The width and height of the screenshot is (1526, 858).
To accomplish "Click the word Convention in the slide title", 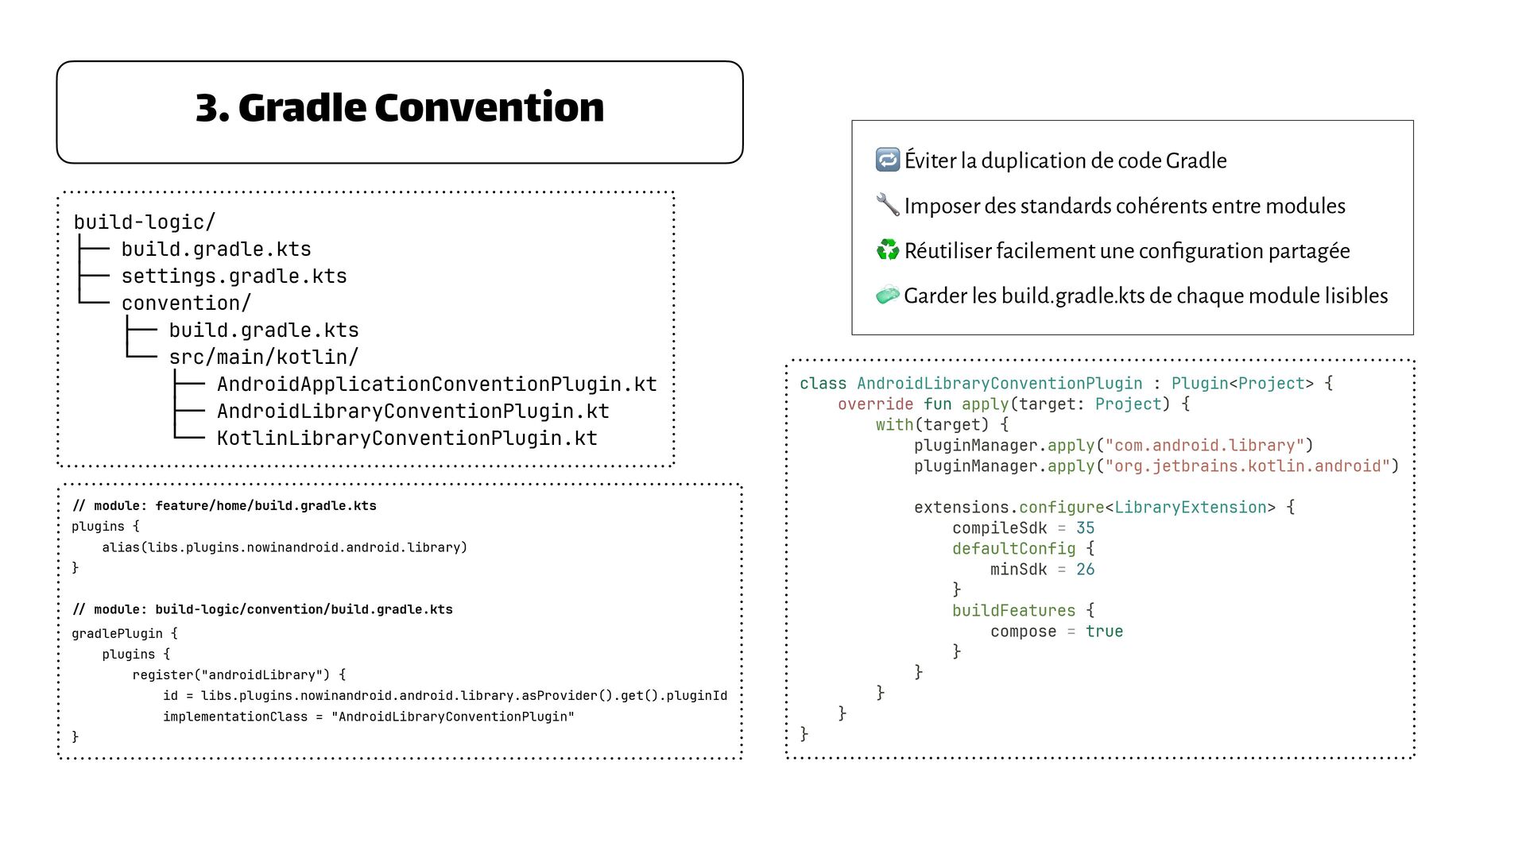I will pyautogui.click(x=489, y=108).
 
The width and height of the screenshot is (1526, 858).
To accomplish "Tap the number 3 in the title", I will pyautogui.click(x=207, y=108).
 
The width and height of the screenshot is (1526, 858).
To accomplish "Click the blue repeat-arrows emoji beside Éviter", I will pyautogui.click(x=887, y=160).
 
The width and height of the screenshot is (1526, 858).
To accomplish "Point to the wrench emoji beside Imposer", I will pyautogui.click(x=887, y=205).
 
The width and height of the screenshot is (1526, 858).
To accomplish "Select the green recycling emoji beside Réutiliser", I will pyautogui.click(x=887, y=250).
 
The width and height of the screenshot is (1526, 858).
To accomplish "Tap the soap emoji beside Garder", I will pyautogui.click(x=887, y=296).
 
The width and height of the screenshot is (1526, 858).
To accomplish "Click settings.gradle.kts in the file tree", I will pyautogui.click(x=234, y=276).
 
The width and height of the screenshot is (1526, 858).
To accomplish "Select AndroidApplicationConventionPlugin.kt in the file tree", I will pyautogui.click(x=436, y=385).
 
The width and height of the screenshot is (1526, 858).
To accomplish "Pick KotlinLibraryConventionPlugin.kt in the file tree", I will pyautogui.click(x=407, y=439).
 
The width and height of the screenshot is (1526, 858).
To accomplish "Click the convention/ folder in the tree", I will pyautogui.click(x=186, y=303).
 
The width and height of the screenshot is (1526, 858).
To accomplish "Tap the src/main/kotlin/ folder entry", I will pyautogui.click(x=263, y=357).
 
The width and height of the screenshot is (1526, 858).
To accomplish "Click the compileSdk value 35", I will pyautogui.click(x=1085, y=528).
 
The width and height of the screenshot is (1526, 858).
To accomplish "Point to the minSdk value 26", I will pyautogui.click(x=1085, y=570).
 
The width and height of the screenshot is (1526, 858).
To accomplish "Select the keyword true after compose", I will pyautogui.click(x=1104, y=632).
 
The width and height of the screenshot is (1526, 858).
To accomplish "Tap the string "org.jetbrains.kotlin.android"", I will pyautogui.click(x=1247, y=466).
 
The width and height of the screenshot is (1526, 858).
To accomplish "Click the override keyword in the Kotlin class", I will pyautogui.click(x=875, y=404).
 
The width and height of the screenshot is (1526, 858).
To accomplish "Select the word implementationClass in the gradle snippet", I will pyautogui.click(x=234, y=717).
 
